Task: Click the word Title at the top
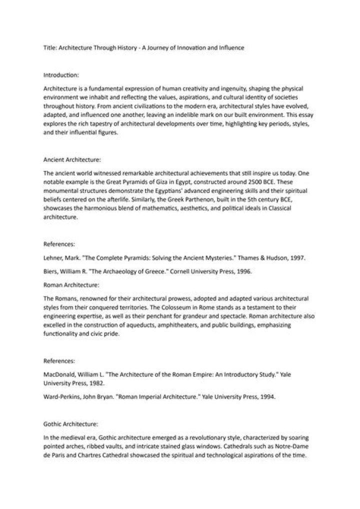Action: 49,48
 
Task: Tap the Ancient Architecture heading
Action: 73,160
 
